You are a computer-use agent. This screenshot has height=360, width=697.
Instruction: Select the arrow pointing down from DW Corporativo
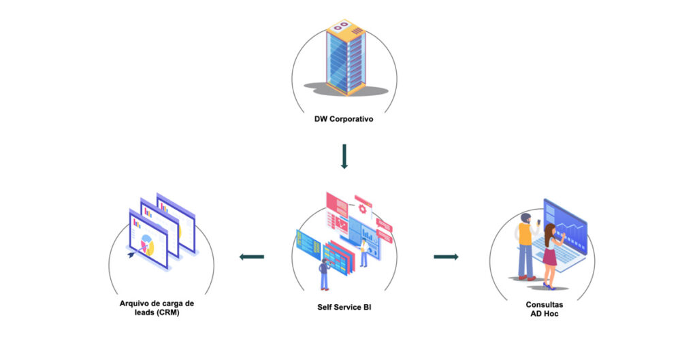pyautogui.click(x=344, y=156)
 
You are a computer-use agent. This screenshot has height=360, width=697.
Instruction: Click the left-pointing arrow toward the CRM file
pyautogui.click(x=251, y=257)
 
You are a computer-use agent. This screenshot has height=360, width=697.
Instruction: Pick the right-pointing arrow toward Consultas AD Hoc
pyautogui.click(x=446, y=257)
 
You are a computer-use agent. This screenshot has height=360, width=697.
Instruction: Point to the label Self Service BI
pyautogui.click(x=344, y=307)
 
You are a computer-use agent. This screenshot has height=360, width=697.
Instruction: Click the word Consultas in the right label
pyautogui.click(x=544, y=305)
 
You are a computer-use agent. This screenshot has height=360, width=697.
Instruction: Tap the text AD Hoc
pyautogui.click(x=544, y=314)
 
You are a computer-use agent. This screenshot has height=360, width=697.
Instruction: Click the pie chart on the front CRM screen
pyautogui.click(x=146, y=244)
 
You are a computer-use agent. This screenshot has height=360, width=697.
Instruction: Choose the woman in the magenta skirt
pyautogui.click(x=550, y=255)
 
